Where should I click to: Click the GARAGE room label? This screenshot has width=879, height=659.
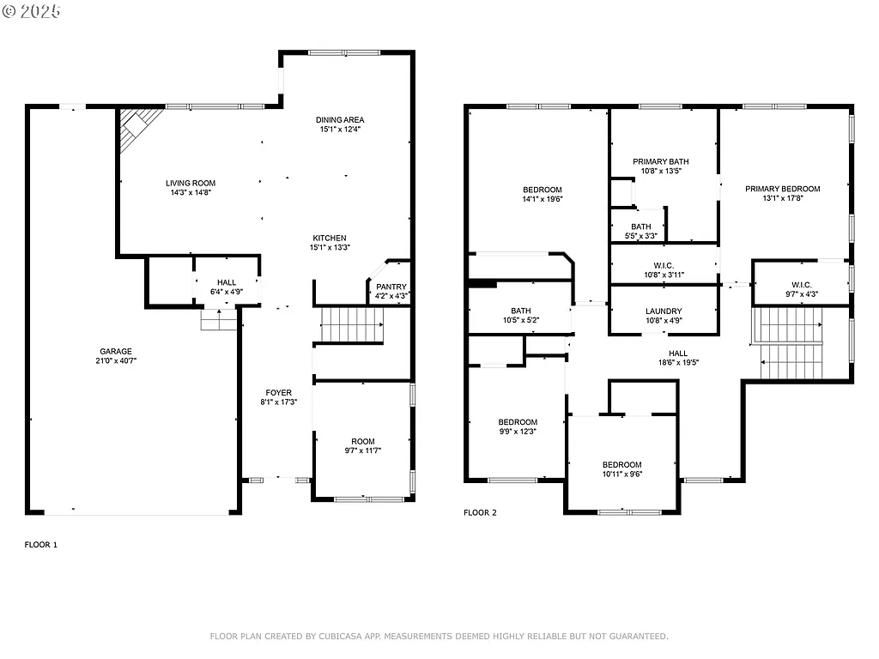pos(115,351)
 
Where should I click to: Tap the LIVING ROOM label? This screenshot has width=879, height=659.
pos(191,183)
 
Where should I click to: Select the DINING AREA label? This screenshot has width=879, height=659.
pos(340,120)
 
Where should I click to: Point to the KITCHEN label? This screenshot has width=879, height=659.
pos(330,238)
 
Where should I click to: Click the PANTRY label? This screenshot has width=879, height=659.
pos(391,287)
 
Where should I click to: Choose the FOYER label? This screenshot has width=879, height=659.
pos(278,393)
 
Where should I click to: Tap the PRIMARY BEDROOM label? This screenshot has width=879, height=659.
pos(782,189)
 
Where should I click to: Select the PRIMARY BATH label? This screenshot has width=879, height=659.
pos(661,161)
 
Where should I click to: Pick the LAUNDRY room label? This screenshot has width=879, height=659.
pos(664,311)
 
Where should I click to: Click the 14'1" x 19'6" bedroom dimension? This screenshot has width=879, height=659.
pos(543,199)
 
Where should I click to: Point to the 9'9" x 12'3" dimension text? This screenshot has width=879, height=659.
pos(518,432)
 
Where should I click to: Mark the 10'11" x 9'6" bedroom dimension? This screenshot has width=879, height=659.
pos(621,474)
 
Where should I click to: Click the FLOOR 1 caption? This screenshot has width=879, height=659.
pos(40,544)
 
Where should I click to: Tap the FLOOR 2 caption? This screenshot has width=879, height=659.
pos(480,513)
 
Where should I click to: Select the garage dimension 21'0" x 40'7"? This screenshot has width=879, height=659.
pos(115,361)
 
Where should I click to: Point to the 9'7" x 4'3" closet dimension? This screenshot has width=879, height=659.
pos(801,294)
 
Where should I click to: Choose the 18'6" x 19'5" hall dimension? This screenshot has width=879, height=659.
pos(678,363)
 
